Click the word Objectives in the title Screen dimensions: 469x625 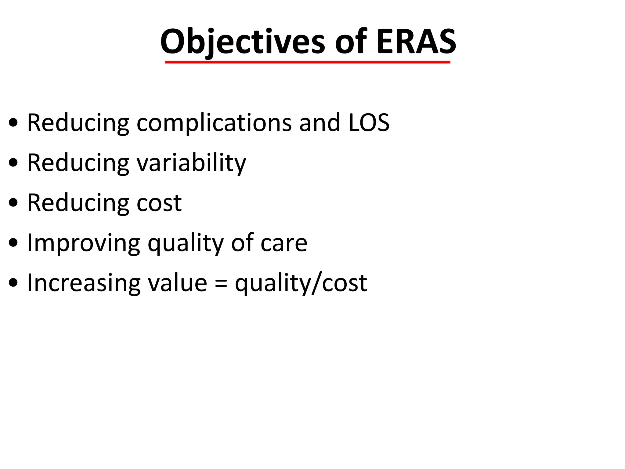pos(243,42)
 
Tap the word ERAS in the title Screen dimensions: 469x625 pos(416,42)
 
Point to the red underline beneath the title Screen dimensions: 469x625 pos(307,62)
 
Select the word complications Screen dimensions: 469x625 pos(214,123)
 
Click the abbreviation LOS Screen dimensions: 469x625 pos(369,123)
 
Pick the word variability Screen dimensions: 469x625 pos(191,163)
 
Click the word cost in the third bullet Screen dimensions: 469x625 pos(159,203)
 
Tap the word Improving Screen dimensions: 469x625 pos(83,243)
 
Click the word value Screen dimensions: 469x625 pos(177,283)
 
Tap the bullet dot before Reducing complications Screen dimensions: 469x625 pos(13,124)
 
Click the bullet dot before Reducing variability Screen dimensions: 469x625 pos(13,164)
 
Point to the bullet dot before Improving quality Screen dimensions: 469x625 pos(13,244)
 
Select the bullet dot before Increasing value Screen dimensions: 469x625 pos(13,284)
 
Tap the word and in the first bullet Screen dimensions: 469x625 pos(320,123)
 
